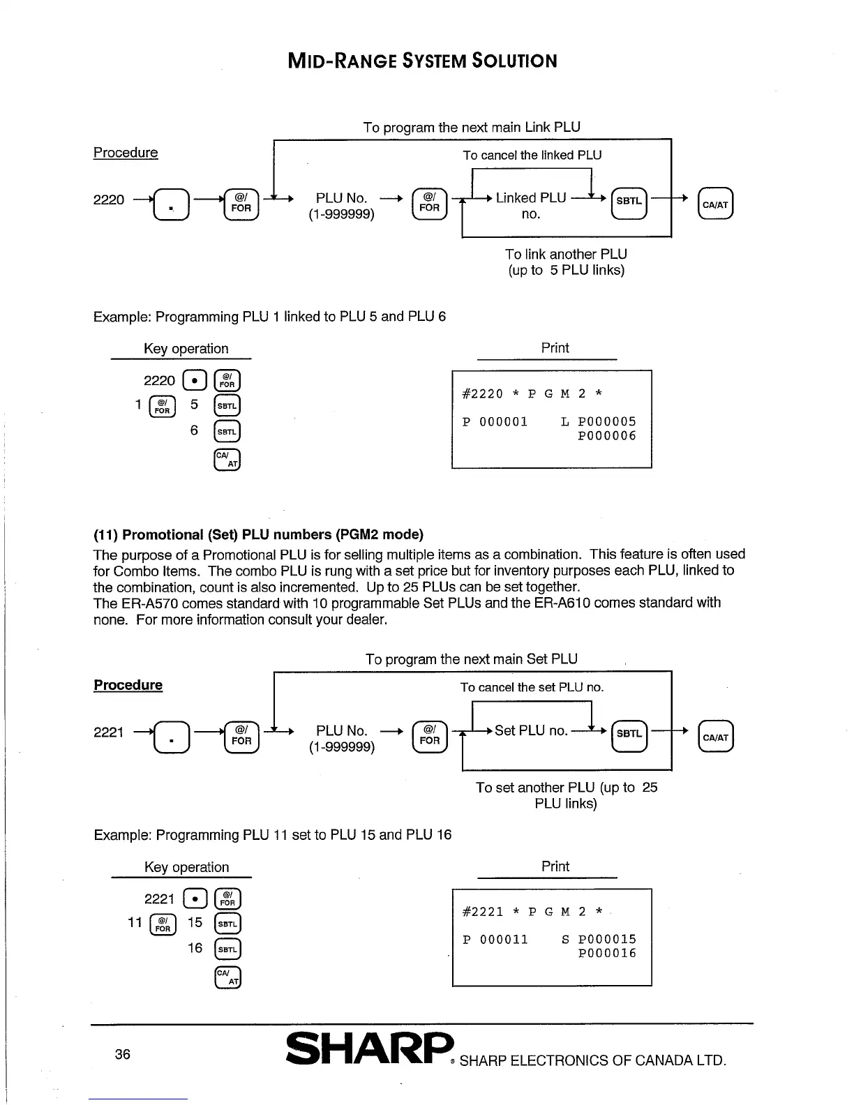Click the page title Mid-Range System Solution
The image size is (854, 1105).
(423, 61)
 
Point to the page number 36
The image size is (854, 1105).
(123, 1054)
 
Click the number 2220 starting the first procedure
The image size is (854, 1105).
(109, 200)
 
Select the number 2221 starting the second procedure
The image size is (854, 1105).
(109, 732)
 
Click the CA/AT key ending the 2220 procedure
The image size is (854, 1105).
(715, 204)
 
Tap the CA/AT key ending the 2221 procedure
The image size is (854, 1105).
(715, 737)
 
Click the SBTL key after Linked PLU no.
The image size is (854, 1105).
(629, 202)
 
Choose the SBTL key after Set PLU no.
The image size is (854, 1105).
(629, 734)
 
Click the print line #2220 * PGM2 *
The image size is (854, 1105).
(532, 393)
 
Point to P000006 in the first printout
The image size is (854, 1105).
(607, 436)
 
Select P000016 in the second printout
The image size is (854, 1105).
(607, 954)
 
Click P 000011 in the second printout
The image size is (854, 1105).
(495, 940)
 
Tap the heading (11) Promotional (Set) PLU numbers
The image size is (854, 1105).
(258, 535)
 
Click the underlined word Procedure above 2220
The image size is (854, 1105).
(126, 153)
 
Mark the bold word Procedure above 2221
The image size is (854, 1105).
(128, 685)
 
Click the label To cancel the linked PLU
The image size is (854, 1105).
(532, 156)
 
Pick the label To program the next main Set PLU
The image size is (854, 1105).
(472, 659)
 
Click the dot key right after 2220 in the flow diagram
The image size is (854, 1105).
(170, 204)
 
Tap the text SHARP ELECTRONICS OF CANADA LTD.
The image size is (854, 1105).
(593, 1061)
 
